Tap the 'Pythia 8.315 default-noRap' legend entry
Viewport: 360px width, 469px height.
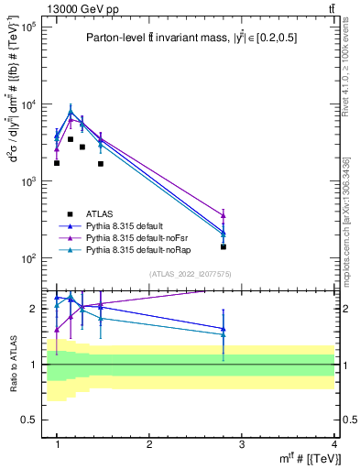127,248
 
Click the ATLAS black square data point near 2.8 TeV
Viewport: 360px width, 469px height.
224,246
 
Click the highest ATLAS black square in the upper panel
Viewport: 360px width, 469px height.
71,139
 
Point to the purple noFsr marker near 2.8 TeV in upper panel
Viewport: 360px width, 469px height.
224,216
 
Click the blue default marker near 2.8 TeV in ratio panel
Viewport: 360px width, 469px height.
224,329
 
